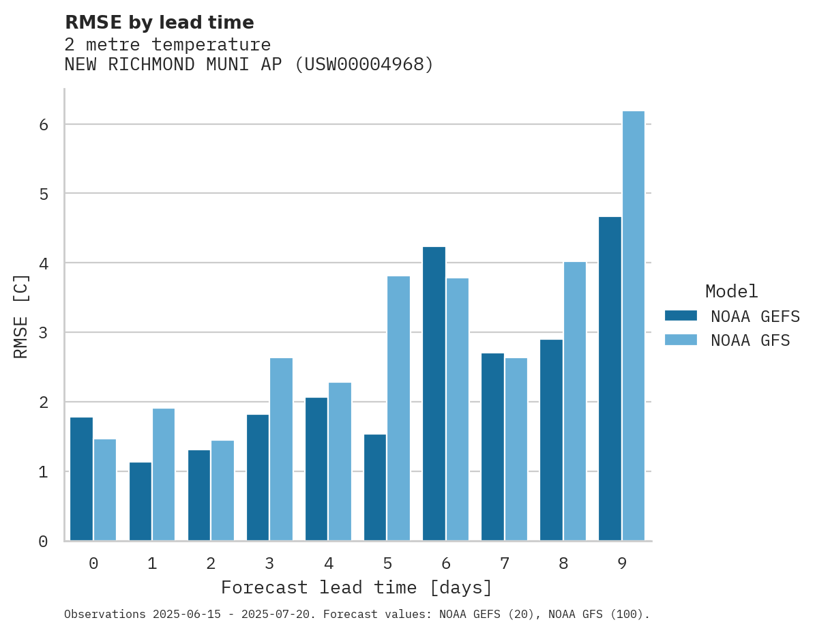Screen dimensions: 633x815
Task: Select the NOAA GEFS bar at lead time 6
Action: (x=434, y=394)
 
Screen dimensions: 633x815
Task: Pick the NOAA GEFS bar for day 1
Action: (x=140, y=501)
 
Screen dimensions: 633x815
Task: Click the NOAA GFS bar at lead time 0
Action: (x=105, y=490)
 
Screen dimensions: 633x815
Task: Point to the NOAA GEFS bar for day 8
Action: (x=551, y=440)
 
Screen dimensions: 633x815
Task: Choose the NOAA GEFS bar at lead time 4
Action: (x=316, y=469)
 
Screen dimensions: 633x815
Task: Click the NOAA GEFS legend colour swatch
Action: (x=681, y=316)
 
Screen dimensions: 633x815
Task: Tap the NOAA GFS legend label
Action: (x=750, y=340)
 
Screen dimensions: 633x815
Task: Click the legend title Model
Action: (x=731, y=292)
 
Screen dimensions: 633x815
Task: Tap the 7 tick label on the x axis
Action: (x=505, y=563)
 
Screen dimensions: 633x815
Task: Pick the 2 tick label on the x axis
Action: (x=211, y=563)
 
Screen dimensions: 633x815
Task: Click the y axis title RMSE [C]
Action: (x=21, y=316)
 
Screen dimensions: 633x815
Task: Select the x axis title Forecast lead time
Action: (x=356, y=587)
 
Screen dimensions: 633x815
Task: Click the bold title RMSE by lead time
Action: (x=159, y=23)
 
